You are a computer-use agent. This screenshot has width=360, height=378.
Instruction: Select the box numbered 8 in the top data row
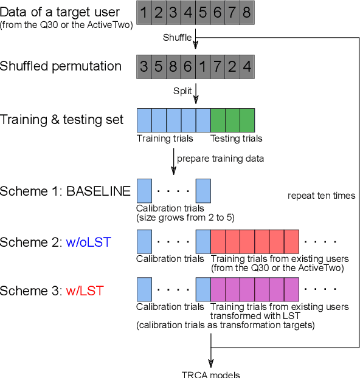[x=247, y=13]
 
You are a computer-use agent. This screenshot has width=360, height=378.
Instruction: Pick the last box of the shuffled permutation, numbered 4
[x=247, y=66]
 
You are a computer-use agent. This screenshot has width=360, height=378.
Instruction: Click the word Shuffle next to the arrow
[x=177, y=38]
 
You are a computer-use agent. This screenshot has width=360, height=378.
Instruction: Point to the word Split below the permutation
[x=182, y=91]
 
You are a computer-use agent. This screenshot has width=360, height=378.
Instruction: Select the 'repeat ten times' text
[x=322, y=196]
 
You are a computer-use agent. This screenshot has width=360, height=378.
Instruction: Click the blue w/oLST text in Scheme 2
[x=90, y=242]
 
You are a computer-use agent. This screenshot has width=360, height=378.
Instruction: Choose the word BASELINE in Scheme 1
[x=98, y=191]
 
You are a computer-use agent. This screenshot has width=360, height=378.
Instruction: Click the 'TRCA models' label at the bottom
[x=211, y=374]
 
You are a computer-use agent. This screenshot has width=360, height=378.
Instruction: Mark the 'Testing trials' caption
[x=237, y=139]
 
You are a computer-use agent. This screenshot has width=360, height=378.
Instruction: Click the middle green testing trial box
[x=232, y=120]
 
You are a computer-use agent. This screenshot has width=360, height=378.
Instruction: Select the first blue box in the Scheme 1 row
[x=144, y=191]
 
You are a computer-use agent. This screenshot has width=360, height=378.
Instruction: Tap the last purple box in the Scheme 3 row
[x=291, y=290]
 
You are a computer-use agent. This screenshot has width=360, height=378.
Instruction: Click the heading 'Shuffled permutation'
[x=61, y=66]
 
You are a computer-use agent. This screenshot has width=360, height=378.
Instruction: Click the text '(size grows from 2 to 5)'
[x=185, y=217]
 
